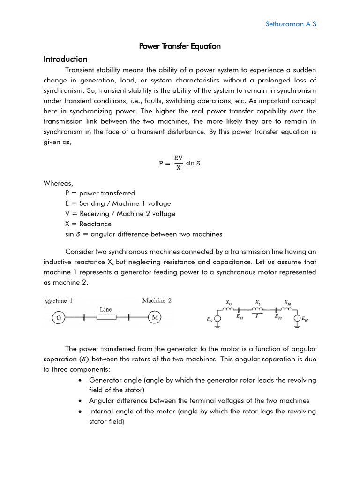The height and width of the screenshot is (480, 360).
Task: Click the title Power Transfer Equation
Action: (x=180, y=46)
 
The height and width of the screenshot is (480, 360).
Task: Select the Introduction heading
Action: (x=65, y=59)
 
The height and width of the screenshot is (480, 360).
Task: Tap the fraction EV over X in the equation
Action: (x=178, y=164)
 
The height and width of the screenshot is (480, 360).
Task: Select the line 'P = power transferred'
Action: (x=100, y=193)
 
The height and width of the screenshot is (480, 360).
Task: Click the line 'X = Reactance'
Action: (x=89, y=224)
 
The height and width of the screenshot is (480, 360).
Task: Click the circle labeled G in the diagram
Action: (x=59, y=318)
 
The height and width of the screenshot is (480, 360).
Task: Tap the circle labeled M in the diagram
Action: (x=155, y=318)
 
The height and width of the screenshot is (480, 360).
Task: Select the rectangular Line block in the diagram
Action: (x=106, y=318)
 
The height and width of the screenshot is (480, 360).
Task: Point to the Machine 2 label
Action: (x=157, y=300)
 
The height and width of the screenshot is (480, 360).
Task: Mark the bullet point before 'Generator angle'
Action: (x=82, y=380)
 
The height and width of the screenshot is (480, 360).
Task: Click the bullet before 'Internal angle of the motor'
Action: (x=82, y=412)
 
